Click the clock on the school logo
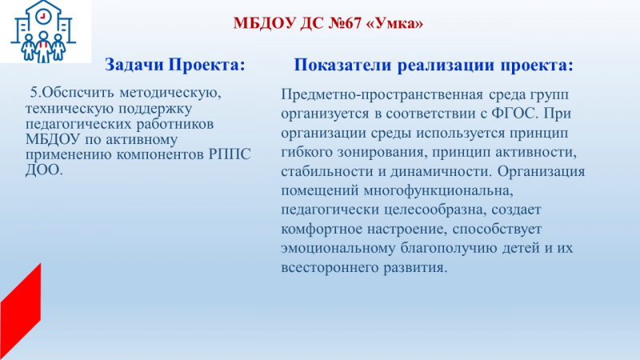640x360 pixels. coord(42,17)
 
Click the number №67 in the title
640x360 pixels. coord(345,23)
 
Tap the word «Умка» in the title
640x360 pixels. coord(395,23)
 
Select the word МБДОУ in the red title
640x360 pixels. coord(264,23)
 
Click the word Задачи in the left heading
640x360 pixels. coord(134,65)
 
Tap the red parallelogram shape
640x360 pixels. coord(21,311)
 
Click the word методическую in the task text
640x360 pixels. coord(170,93)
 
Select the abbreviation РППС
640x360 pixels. coord(230,154)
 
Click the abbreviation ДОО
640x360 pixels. coord(44,170)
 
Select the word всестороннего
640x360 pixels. coord(330,268)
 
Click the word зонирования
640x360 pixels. coord(382,152)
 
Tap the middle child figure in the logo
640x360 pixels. coord(43,47)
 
